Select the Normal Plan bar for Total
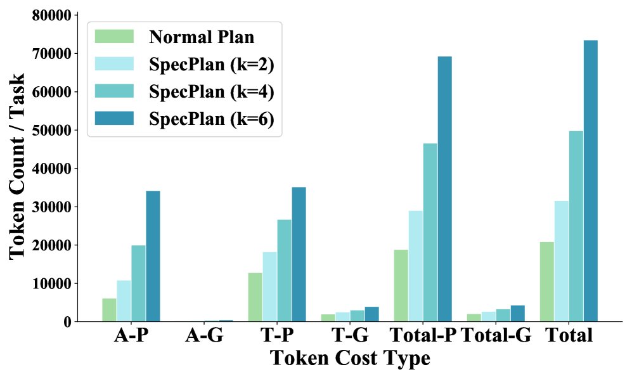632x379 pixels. coord(546,281)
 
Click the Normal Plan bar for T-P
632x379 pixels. coord(255,297)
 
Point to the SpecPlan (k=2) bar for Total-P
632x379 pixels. coord(415,266)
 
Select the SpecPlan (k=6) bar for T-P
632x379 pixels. coord(299,254)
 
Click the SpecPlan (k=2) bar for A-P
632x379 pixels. coord(124,300)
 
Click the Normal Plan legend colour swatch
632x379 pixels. coord(114,36)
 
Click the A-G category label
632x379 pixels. coord(203,335)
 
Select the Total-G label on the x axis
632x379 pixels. coord(496,335)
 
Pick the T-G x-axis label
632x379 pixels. coord(349,335)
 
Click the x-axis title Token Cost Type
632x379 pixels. coord(350,359)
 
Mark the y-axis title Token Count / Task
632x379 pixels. coord(19,166)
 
